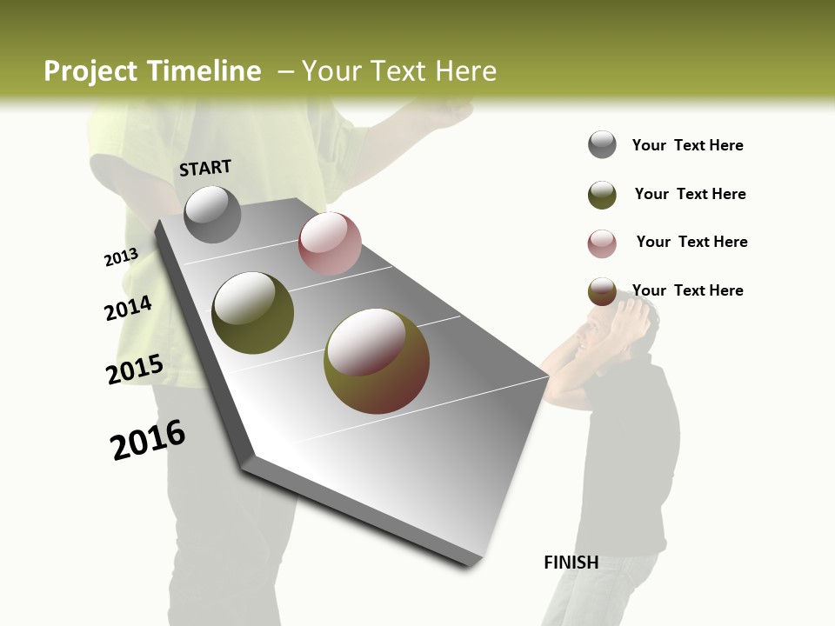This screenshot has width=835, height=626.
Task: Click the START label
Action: point(205,168)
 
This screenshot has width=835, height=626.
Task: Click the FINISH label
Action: point(571,563)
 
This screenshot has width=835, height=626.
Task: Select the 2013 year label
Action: point(121,257)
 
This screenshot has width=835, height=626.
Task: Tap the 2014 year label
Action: point(128,309)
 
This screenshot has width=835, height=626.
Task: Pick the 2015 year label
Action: point(134,370)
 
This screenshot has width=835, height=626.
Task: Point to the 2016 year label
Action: point(148,440)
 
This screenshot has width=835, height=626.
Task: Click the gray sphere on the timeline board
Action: point(212,215)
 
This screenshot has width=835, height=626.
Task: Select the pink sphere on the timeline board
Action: point(330,243)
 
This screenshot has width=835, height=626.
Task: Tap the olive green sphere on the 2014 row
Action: point(252,313)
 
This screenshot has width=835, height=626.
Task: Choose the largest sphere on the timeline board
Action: point(376,361)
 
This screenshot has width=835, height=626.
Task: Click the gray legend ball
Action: point(602,145)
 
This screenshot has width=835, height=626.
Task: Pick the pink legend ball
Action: point(602,243)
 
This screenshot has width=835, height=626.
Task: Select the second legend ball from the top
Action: point(602,195)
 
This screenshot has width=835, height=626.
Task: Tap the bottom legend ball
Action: point(602,292)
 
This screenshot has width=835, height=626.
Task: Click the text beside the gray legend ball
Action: point(687,146)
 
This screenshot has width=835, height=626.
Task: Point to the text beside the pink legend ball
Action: point(691,242)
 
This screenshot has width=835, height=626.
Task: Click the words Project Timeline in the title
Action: point(152,71)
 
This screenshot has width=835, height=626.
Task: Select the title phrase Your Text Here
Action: point(398,71)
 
